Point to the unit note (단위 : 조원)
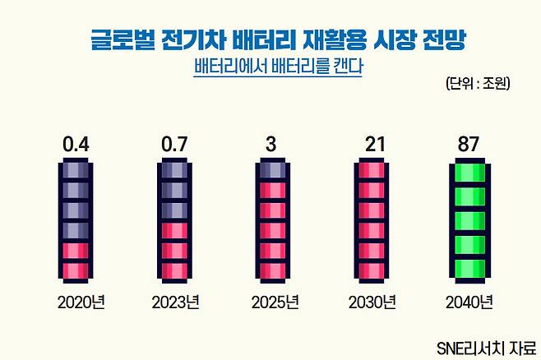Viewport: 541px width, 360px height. [x=478, y=83]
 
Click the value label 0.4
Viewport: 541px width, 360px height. [x=76, y=145]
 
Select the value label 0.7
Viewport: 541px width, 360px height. [x=175, y=145]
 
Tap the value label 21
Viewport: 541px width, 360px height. [x=374, y=145]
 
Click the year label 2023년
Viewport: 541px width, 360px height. [x=176, y=302]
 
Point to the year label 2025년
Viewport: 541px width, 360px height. [x=275, y=302]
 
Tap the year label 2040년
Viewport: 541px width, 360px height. [x=469, y=302]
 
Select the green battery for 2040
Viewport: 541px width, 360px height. [x=472, y=219]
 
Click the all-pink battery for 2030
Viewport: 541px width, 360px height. [x=373, y=219]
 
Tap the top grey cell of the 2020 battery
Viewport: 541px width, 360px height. [x=76, y=172]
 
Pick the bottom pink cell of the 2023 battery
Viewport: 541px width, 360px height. [x=175, y=269]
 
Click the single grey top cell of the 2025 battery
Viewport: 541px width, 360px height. [x=274, y=172]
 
